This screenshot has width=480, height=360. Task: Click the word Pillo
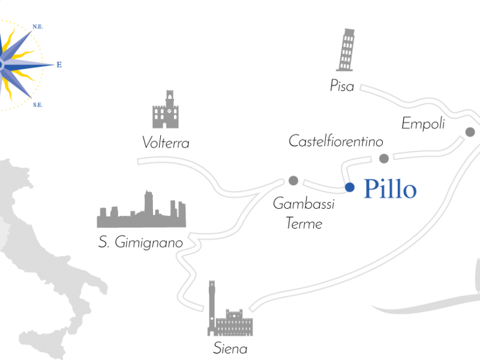[390, 190]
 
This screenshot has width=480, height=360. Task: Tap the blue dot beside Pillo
[350, 187]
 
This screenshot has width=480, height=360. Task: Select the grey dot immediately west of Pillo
[293, 181]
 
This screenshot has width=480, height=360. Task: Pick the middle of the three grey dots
[384, 158]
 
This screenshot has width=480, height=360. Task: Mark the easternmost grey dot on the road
[470, 132]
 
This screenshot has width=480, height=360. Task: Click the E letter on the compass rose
[59, 65]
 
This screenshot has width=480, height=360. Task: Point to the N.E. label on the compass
[37, 26]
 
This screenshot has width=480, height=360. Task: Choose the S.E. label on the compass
[37, 105]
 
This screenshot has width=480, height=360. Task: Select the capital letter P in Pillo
[370, 190]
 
